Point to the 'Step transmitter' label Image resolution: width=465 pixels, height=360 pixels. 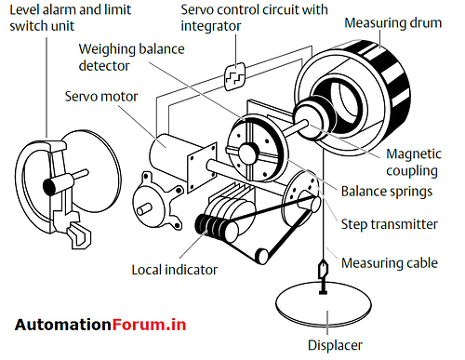401,224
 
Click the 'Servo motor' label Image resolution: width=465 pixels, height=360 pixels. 102,96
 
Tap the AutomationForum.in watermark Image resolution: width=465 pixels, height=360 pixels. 100,325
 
